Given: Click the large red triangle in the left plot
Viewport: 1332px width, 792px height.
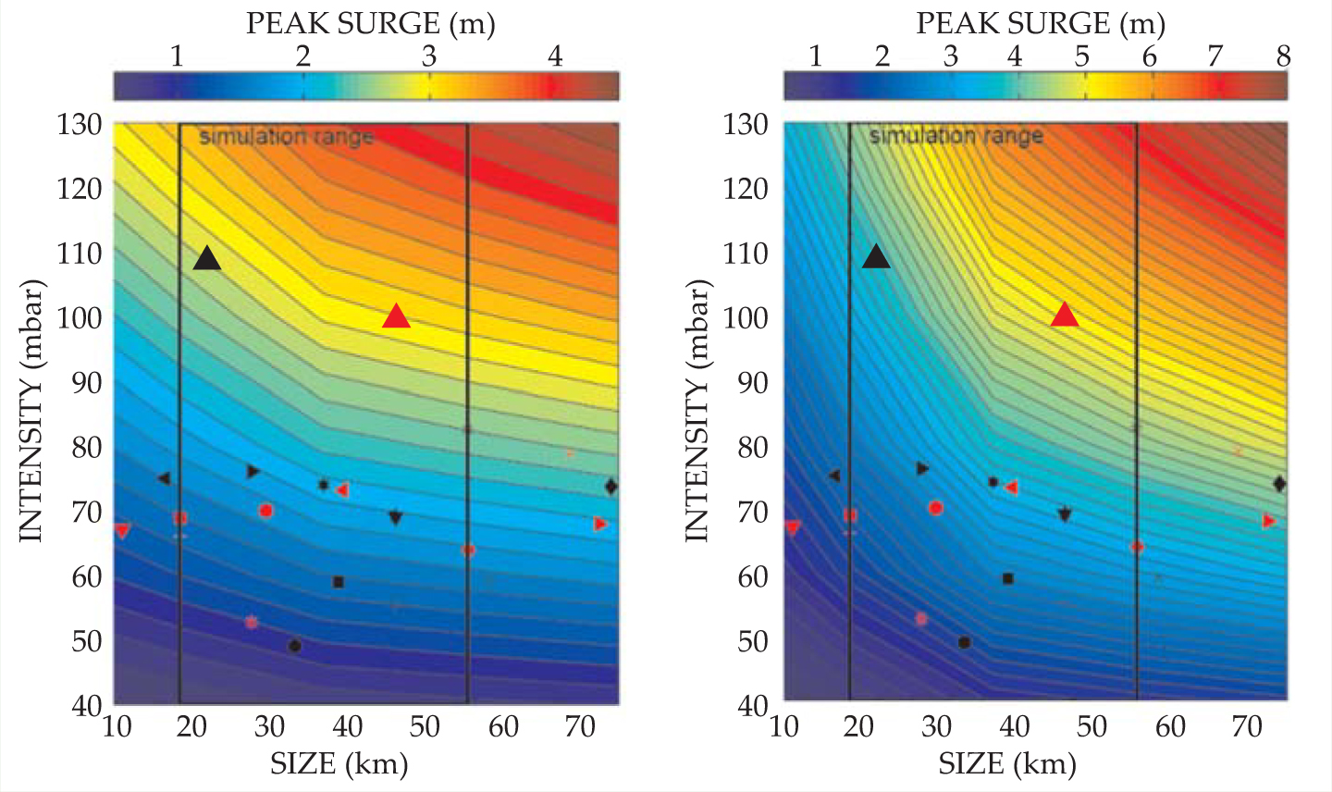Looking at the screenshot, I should pos(396,317).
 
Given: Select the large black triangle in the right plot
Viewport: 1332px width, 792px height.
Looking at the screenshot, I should pos(876,256).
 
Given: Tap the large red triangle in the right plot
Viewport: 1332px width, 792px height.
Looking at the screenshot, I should pos(1065,316).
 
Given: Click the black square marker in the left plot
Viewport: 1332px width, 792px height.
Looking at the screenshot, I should pos(339,582).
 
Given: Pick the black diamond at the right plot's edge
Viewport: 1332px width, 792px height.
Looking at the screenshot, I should pos(1279,484).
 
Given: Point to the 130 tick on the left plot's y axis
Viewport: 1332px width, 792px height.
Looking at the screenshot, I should pos(80,124).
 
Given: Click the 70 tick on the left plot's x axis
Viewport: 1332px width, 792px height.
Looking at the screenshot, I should pos(581,726).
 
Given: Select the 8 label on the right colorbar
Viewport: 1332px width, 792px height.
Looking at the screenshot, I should pos(1283,56).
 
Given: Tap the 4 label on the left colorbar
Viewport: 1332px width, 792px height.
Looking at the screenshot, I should pos(555,56).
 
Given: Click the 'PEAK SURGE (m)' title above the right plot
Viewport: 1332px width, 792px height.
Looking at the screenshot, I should pos(1041,24).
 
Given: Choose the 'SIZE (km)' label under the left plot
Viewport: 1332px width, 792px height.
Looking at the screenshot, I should pos(339,763).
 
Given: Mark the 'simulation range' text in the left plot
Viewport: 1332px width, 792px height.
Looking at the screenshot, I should pos(287,137).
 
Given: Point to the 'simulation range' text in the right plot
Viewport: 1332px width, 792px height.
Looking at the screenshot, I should pos(956,136).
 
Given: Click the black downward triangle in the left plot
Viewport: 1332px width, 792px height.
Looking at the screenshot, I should pos(396,517).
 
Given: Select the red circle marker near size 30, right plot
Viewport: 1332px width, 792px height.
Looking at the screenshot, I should pos(935,508).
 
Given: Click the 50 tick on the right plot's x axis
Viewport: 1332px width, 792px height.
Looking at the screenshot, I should pos(1091,726).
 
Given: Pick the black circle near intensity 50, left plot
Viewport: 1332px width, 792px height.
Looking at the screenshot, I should pos(295,646).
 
